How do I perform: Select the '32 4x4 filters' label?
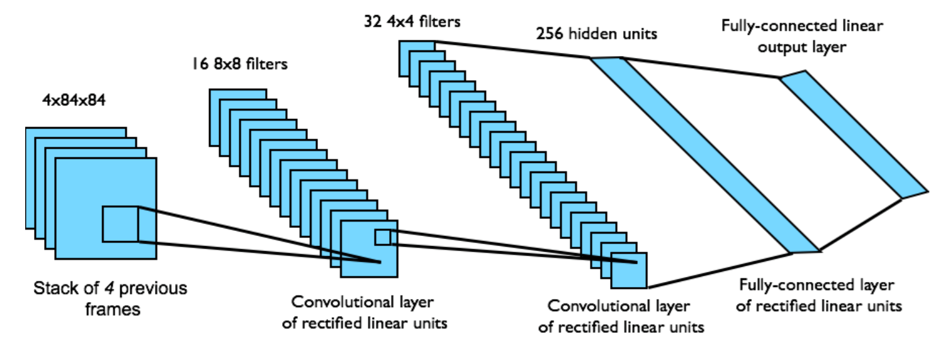tap(412, 23)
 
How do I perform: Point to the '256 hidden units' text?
tap(596, 35)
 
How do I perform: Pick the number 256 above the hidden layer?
tap(549, 35)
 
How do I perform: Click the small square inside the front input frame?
tap(120, 224)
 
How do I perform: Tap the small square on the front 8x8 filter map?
tap(382, 237)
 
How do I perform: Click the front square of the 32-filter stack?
tap(628, 269)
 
